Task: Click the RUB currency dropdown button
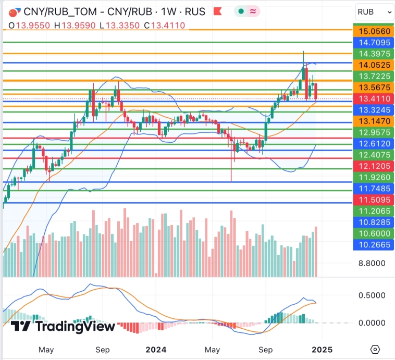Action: (x=374, y=11)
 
